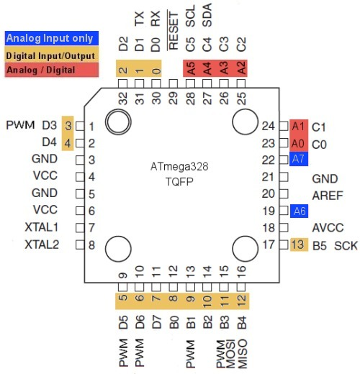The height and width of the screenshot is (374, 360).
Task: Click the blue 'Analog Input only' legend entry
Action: (x=49, y=38)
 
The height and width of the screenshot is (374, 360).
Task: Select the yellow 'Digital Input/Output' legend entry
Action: (x=49, y=54)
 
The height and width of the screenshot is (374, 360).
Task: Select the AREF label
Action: (x=326, y=194)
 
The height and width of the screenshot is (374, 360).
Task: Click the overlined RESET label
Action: (x=173, y=31)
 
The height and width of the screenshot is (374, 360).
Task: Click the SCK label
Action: (x=346, y=246)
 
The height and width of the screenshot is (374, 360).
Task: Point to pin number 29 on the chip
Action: (x=173, y=97)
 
